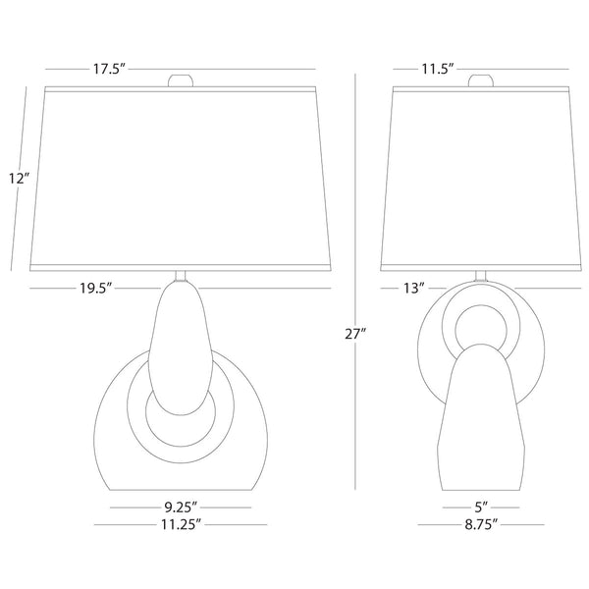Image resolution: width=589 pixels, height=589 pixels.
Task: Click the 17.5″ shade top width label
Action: point(109,69)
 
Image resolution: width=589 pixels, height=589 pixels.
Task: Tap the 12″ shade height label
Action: point(20,178)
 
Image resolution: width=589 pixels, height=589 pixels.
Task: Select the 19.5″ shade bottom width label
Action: point(96,288)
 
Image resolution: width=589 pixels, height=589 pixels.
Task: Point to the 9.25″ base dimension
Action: point(181,508)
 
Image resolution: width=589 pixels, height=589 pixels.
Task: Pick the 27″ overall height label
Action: point(355,334)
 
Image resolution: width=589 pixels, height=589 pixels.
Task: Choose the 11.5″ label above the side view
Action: point(438,69)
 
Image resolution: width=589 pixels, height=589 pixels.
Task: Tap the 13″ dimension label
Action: point(414,288)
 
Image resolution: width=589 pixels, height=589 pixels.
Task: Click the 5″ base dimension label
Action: point(481,508)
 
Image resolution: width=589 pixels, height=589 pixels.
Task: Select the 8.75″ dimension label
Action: point(481,524)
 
